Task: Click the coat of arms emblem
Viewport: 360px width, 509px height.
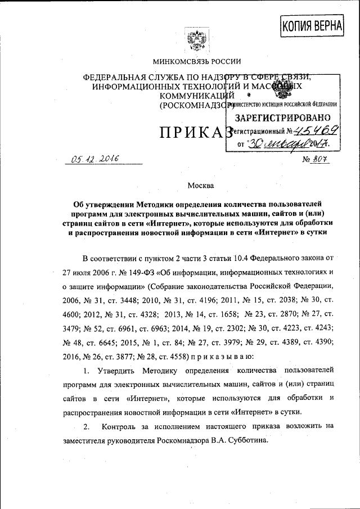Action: click(x=197, y=41)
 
